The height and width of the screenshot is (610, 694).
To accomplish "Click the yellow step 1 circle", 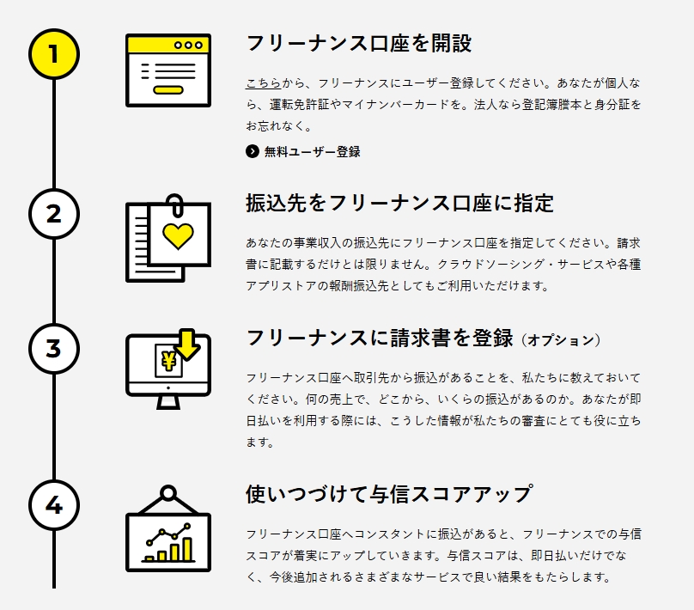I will click(x=53, y=53).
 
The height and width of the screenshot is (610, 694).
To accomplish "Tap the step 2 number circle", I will click(x=53, y=213).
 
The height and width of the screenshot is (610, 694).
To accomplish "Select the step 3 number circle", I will click(x=53, y=349).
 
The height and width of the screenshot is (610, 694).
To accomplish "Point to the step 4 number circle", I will click(x=53, y=505).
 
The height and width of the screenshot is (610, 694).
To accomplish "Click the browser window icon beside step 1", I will click(x=168, y=70).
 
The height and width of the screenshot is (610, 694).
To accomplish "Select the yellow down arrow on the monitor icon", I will click(x=186, y=343).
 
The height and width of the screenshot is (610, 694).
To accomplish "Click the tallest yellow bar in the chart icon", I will click(x=187, y=548).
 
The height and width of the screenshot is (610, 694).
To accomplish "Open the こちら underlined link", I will click(x=263, y=83).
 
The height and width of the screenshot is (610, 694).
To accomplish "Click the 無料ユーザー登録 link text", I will click(x=312, y=152).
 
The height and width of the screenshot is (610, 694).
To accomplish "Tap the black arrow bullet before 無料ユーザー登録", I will click(x=252, y=152).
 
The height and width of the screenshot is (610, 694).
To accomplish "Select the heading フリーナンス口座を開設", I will click(x=358, y=44).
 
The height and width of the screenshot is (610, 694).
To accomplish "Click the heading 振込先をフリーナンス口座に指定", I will click(x=399, y=204).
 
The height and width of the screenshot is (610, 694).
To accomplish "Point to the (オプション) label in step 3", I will click(x=561, y=340).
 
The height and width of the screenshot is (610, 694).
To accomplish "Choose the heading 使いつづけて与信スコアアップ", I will click(x=388, y=495).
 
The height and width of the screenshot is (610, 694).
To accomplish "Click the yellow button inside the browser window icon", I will click(x=168, y=89).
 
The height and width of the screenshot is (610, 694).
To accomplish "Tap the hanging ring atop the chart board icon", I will click(x=168, y=493).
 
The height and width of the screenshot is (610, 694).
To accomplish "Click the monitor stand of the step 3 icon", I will click(x=168, y=401).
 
